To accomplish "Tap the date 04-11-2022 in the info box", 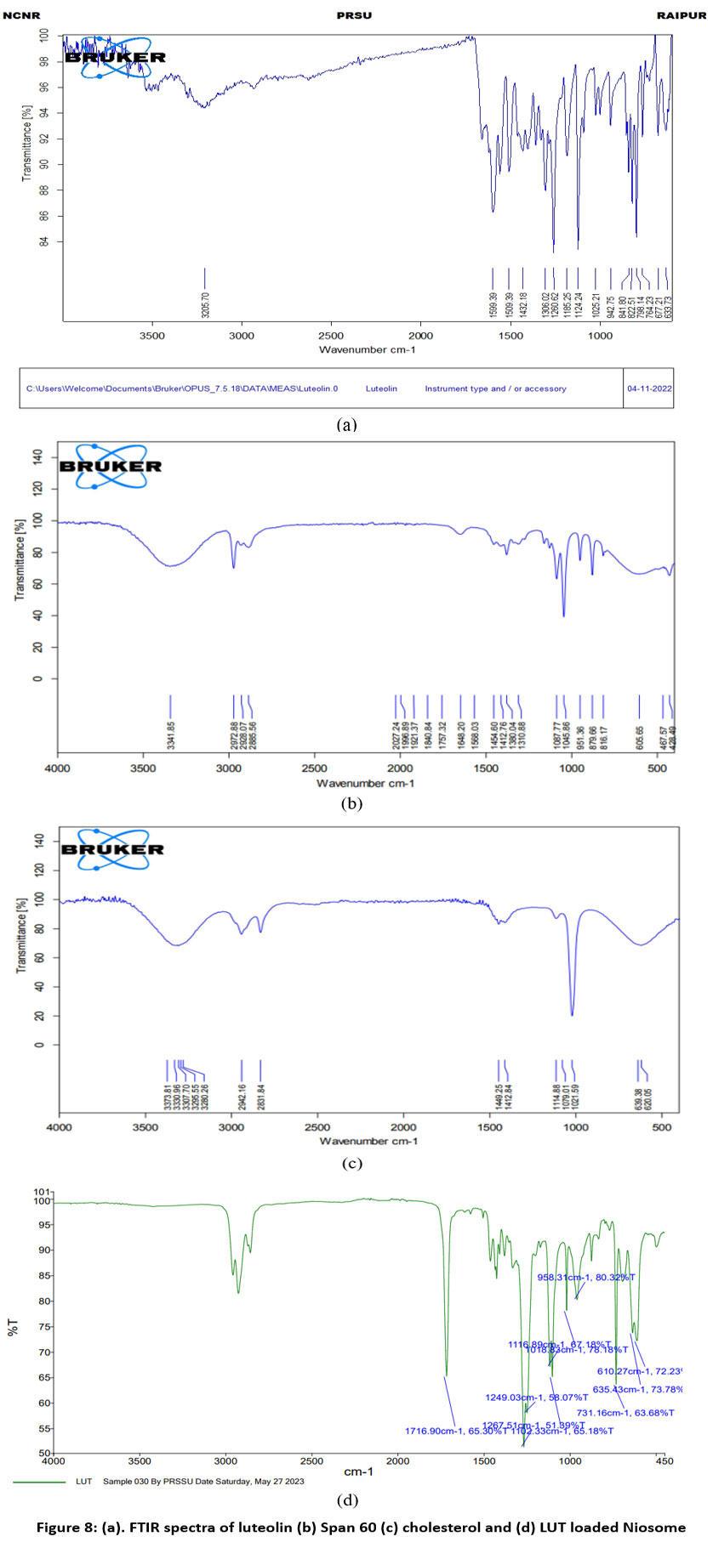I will point(649,388).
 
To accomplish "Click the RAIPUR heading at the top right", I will point(682,16).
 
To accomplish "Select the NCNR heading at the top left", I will point(21,16).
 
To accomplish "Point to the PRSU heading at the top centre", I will point(354,16).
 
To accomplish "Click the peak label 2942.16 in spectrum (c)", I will point(242,1097).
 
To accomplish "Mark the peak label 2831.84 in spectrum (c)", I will point(260,1097).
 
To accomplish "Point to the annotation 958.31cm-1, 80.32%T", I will point(586,1277).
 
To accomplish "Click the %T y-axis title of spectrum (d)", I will point(12,1327).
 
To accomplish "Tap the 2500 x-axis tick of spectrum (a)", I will point(330,335).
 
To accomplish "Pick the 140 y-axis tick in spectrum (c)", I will point(37,842).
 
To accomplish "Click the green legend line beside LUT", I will point(39,1482).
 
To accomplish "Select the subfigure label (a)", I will point(346,425).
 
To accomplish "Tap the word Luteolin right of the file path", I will point(381,388).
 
